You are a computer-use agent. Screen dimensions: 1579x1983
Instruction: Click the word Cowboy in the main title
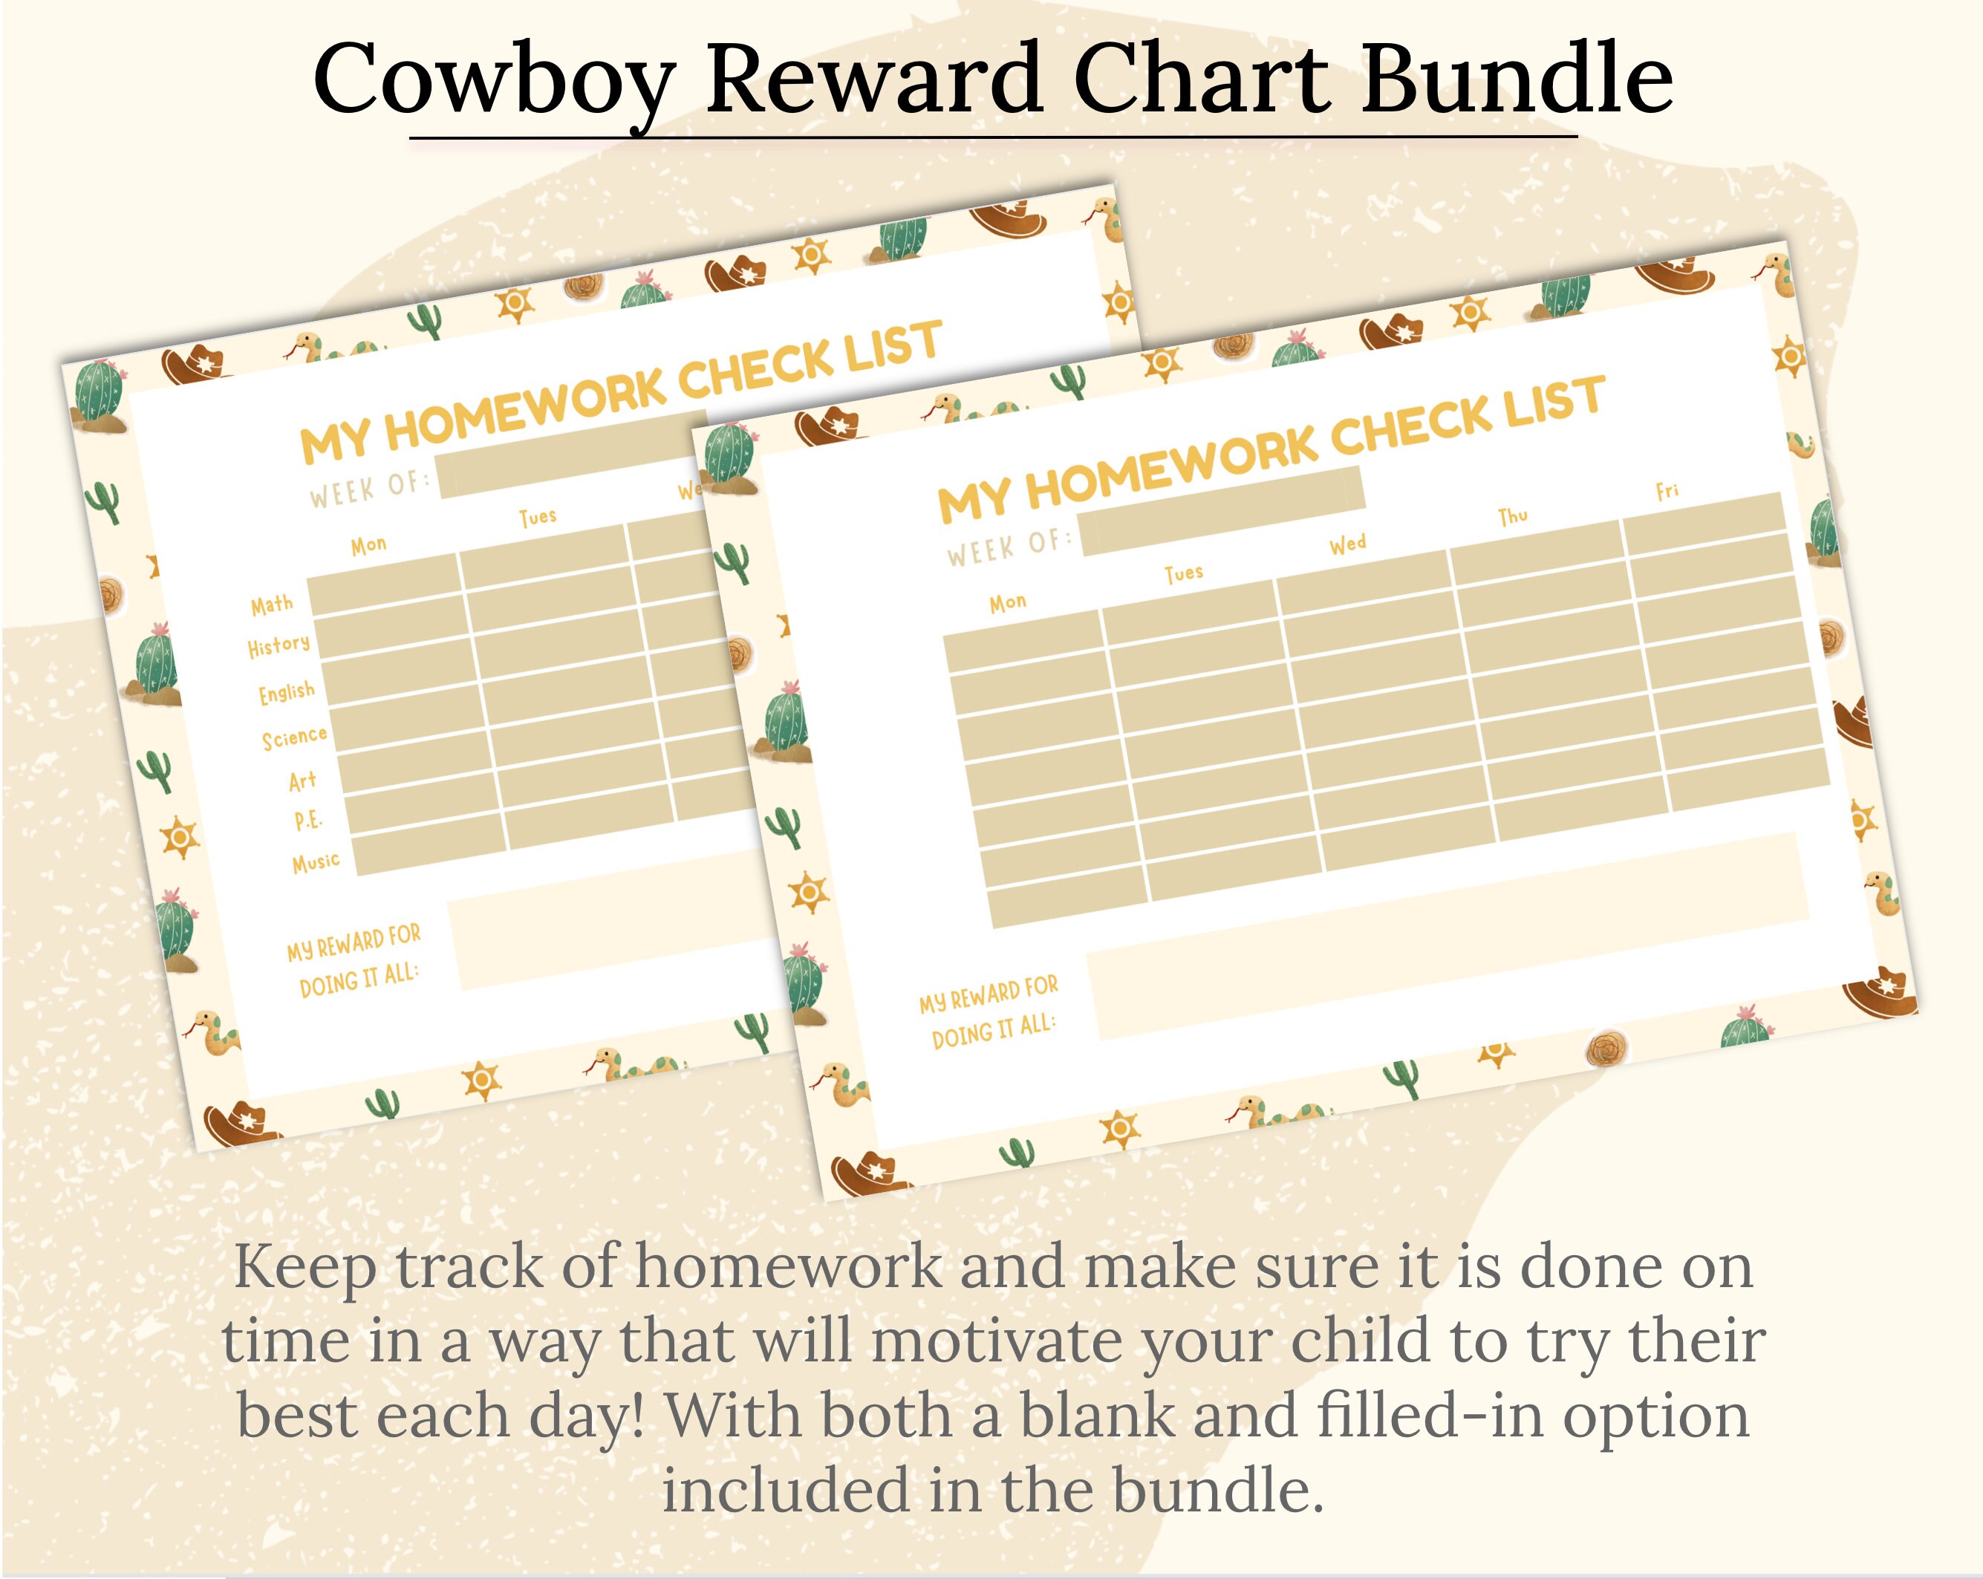494,81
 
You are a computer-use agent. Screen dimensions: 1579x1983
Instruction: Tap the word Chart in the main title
1200,81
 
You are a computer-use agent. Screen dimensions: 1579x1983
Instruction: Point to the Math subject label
273,605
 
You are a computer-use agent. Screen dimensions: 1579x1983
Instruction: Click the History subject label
279,646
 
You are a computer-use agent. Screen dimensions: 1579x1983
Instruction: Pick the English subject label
286,691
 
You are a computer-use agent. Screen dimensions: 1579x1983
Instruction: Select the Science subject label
294,738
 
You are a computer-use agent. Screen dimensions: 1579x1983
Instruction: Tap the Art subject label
302,781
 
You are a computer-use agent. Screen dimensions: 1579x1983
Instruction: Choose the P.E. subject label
308,820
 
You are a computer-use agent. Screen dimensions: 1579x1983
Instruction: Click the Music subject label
316,862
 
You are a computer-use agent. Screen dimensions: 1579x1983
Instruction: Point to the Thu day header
1513,516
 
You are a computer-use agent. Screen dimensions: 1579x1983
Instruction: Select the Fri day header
1667,491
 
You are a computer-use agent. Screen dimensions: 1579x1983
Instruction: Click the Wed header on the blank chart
1347,544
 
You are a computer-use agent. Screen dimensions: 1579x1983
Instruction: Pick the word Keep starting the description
305,1267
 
